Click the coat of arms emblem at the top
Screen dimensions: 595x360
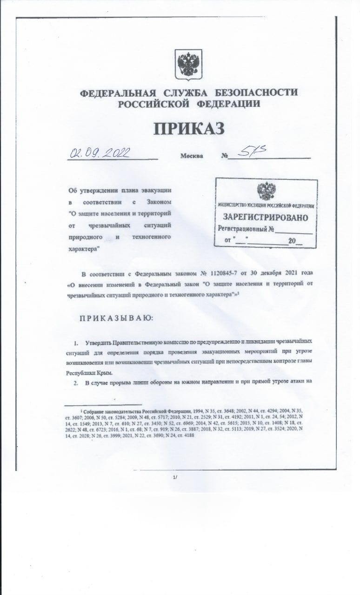(x=188, y=65)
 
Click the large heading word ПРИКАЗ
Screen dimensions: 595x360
(x=189, y=127)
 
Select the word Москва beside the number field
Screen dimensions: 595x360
(x=192, y=156)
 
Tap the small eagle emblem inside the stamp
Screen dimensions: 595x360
(x=266, y=191)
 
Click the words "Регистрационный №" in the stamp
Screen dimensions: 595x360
(x=246, y=229)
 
